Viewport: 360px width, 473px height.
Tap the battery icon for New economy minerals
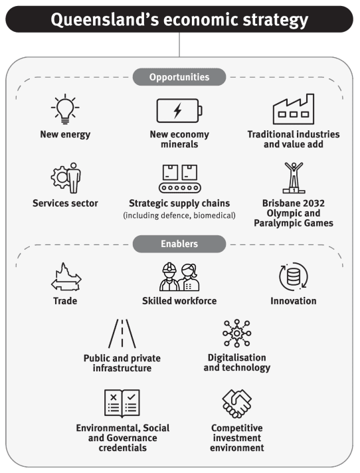(x=179, y=110)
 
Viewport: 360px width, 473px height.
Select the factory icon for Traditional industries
(x=294, y=109)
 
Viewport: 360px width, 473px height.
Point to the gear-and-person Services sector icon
(x=66, y=178)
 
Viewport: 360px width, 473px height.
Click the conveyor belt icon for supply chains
(x=180, y=178)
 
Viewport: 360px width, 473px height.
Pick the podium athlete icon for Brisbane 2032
(x=294, y=178)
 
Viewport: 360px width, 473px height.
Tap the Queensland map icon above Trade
(x=66, y=276)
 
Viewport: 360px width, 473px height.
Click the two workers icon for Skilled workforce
(x=179, y=276)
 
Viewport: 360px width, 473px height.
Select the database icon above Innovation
(x=294, y=276)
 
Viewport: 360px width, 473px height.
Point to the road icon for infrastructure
(x=122, y=333)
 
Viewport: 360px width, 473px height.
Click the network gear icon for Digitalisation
(x=237, y=333)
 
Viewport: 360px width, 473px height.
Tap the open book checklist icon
(x=122, y=403)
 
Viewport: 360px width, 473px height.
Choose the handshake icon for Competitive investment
(x=237, y=403)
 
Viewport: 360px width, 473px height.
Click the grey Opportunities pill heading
(x=179, y=77)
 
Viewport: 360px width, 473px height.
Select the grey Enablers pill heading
(x=179, y=244)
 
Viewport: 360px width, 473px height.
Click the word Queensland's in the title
(x=105, y=20)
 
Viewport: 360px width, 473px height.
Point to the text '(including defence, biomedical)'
(x=179, y=215)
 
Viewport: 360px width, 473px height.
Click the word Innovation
(x=294, y=301)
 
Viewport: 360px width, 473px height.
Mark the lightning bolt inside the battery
(x=177, y=110)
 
